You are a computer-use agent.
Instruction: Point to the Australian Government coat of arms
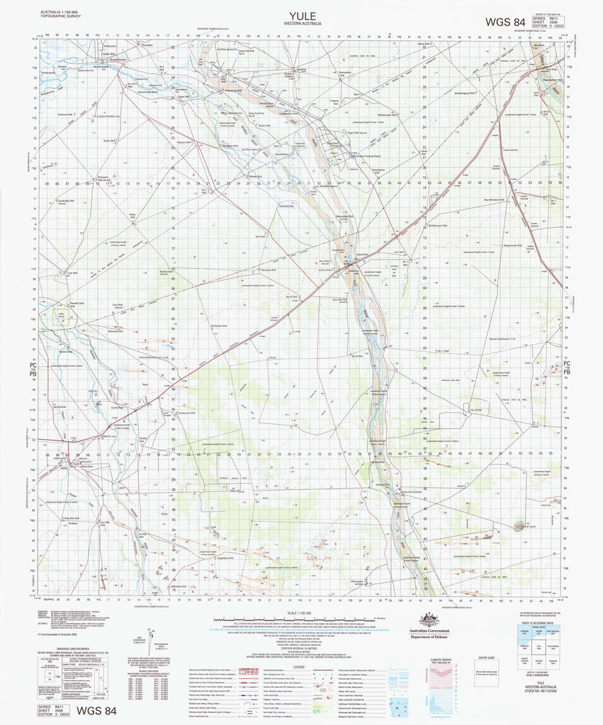(x=426, y=618)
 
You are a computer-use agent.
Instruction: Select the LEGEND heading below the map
(x=298, y=667)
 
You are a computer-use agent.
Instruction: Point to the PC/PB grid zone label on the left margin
(x=32, y=367)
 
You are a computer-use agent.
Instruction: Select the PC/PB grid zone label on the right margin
(x=567, y=367)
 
